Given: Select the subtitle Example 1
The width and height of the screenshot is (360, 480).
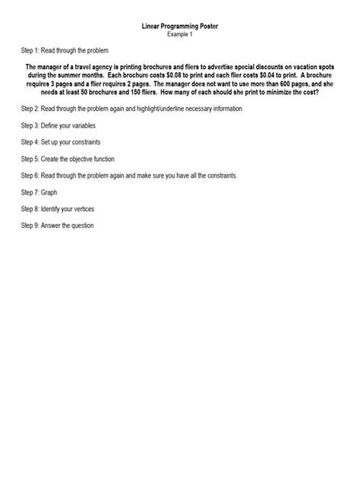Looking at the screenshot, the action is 180,34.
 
